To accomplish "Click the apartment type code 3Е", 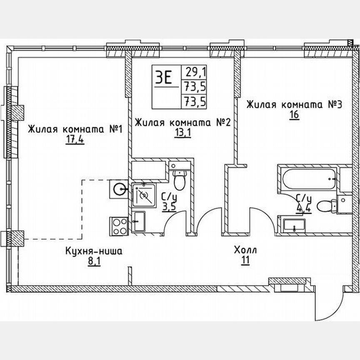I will [x=163, y=77].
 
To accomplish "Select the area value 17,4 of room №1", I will [x=75, y=140].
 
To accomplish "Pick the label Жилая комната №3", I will [x=294, y=105].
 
